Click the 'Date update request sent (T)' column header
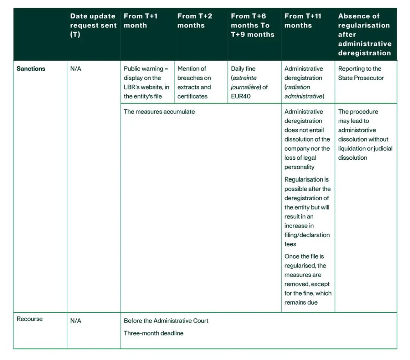pyautogui.click(x=93, y=25)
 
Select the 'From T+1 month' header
pyautogui.click(x=141, y=21)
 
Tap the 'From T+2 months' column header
pyautogui.click(x=195, y=21)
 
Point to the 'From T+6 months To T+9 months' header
pyautogui.click(x=253, y=25)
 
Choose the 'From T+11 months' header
pyautogui.click(x=303, y=21)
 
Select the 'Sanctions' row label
pyautogui.click(x=31, y=69)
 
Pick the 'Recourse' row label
pyautogui.click(x=30, y=319)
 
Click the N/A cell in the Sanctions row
pyautogui.click(x=76, y=69)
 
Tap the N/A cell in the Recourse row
pyautogui.click(x=76, y=321)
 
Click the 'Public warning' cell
pyautogui.click(x=146, y=83)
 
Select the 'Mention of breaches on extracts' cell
pyautogui.click(x=194, y=83)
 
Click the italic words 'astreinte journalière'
pyautogui.click(x=250, y=83)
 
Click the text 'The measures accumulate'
pyautogui.click(x=159, y=112)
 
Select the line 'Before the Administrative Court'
pyautogui.click(x=166, y=321)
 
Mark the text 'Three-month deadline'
pyautogui.click(x=154, y=333)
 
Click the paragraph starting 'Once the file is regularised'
pyautogui.click(x=307, y=280)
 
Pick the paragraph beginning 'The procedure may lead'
pyautogui.click(x=365, y=135)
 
